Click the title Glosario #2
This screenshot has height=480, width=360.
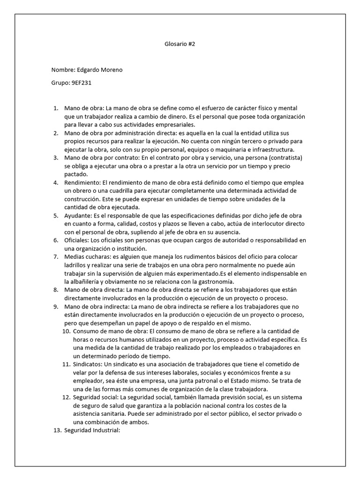click(x=180, y=44)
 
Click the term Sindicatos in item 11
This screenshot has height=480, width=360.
click(x=87, y=364)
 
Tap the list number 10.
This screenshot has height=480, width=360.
click(x=66, y=331)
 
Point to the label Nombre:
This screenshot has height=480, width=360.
click(x=62, y=70)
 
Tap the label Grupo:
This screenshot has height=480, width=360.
click(x=60, y=83)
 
